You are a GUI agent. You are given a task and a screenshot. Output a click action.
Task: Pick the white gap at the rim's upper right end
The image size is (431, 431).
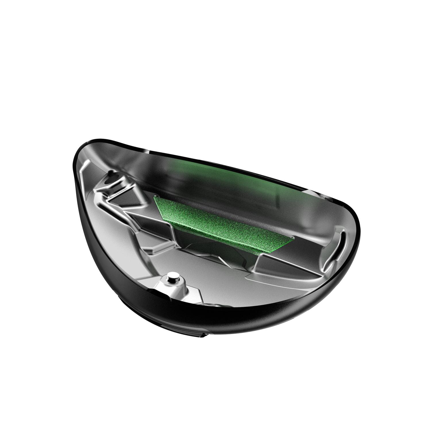311,191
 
